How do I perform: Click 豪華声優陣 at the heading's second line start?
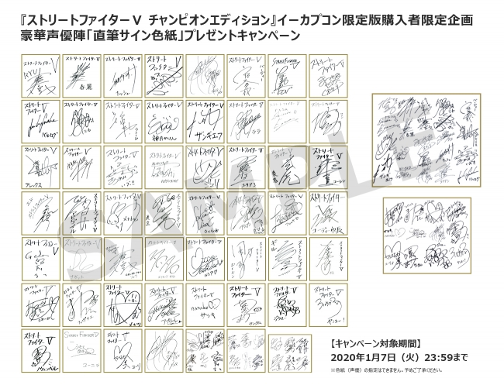[x=44, y=36]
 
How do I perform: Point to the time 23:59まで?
[x=444, y=358]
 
